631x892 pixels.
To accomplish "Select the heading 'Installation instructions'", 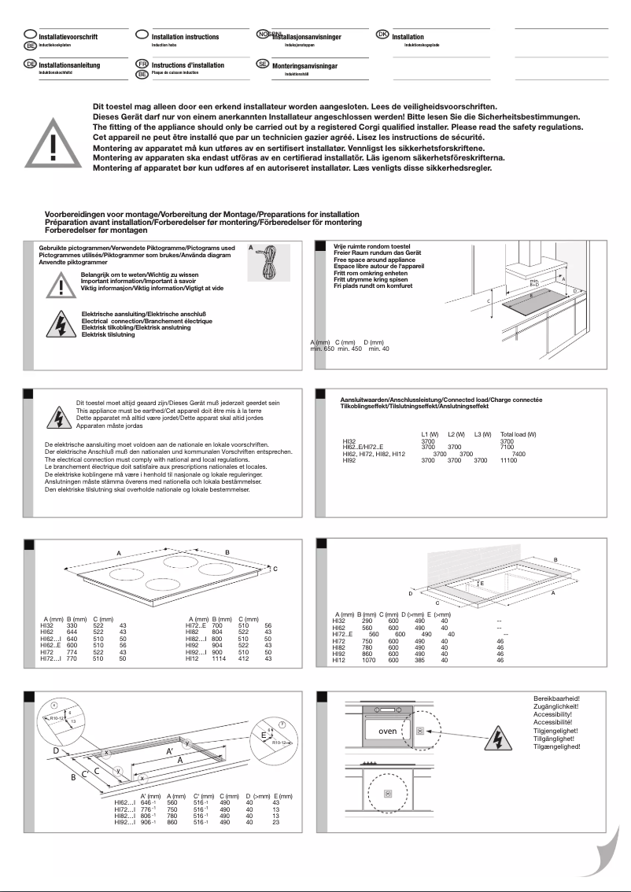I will pyautogui.click(x=185, y=37).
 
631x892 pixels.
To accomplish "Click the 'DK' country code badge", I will pyautogui.click(x=382, y=35).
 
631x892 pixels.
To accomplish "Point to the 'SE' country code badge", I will pyautogui.click(x=263, y=64).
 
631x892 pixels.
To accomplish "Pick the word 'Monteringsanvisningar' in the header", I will pyautogui.click(x=304, y=66).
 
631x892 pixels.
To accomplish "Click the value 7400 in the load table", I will pyautogui.click(x=518, y=454).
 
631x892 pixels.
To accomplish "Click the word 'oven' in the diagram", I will pyautogui.click(x=387, y=731).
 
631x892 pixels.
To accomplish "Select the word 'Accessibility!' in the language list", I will pyautogui.click(x=556, y=714).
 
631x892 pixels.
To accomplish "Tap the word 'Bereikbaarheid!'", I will pyautogui.click(x=556, y=698).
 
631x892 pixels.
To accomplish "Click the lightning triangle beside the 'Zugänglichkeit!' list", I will pyautogui.click(x=497, y=739).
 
